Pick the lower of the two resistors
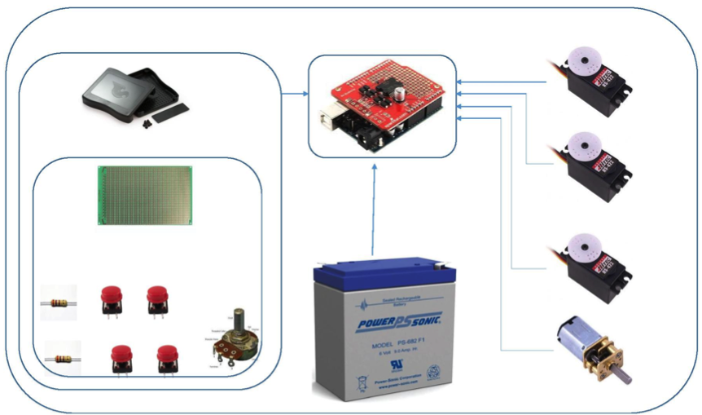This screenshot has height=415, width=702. click(60, 358)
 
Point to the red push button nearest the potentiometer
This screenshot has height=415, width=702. click(167, 358)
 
